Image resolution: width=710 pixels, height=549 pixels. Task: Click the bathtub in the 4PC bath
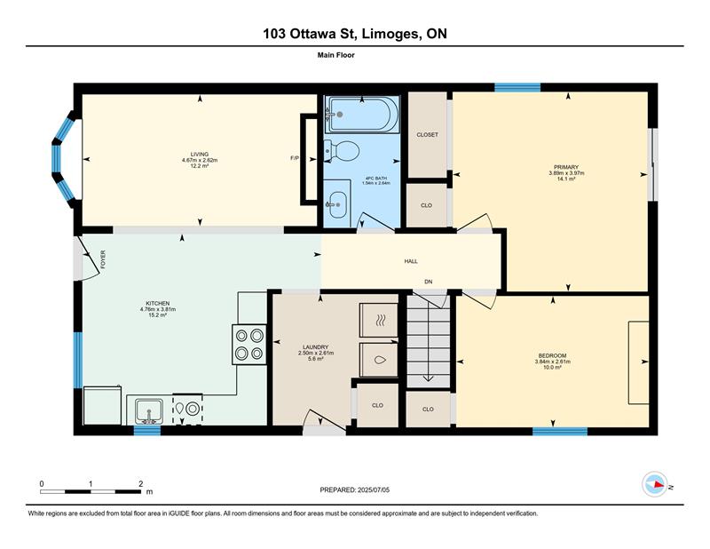pos(362,115)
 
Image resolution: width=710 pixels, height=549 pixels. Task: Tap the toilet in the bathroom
pos(342,150)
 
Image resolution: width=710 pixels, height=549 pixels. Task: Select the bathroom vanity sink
pos(337,204)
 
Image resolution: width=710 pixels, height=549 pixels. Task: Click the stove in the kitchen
pos(249,344)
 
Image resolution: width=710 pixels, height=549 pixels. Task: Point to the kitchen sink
pos(149,410)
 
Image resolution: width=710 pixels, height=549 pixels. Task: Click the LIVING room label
pos(200,155)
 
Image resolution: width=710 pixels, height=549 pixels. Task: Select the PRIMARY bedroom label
pos(566,167)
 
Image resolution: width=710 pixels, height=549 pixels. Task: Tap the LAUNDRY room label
pos(316,347)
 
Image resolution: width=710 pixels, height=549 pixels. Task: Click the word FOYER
pos(103,259)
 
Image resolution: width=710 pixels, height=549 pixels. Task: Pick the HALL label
pos(411,261)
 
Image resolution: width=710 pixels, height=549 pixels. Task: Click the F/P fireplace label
pos(295,158)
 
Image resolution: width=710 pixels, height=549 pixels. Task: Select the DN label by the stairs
pos(429,282)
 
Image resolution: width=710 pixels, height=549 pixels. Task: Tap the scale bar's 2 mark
pos(141,484)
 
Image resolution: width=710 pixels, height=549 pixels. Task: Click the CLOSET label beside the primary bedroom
pos(428,135)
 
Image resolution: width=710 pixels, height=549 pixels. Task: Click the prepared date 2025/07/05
pos(374,490)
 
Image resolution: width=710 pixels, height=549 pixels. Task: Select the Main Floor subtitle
pos(336,55)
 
